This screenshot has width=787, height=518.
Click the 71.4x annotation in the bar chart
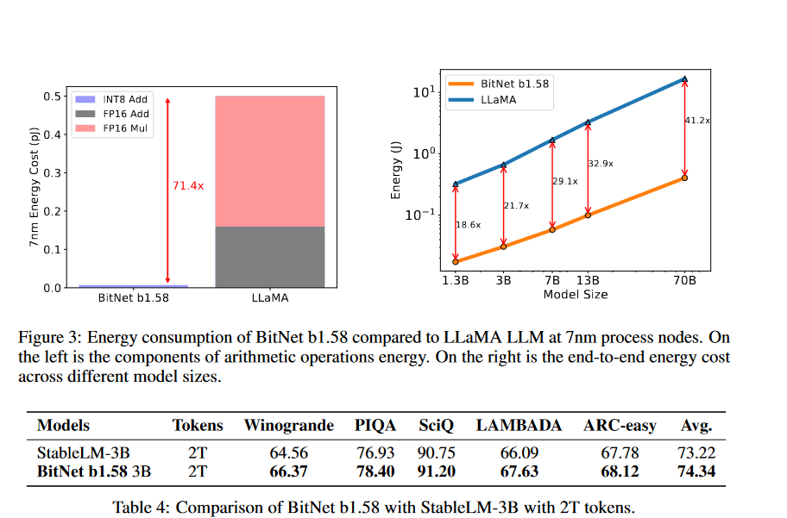(189, 185)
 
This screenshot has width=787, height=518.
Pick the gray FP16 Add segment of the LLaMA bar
(269, 257)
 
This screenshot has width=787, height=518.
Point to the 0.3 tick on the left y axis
(53, 172)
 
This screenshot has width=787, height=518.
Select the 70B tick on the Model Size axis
(684, 280)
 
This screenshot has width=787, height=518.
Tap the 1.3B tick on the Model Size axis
(456, 280)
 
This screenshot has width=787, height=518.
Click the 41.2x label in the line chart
(697, 121)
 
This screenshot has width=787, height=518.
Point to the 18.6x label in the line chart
(469, 224)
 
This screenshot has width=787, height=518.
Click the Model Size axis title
(575, 295)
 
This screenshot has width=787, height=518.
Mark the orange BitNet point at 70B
(684, 178)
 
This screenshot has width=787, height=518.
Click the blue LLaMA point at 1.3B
(456, 184)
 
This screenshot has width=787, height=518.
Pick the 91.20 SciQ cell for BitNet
(438, 471)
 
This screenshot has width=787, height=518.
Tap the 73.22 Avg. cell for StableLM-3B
(698, 452)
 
